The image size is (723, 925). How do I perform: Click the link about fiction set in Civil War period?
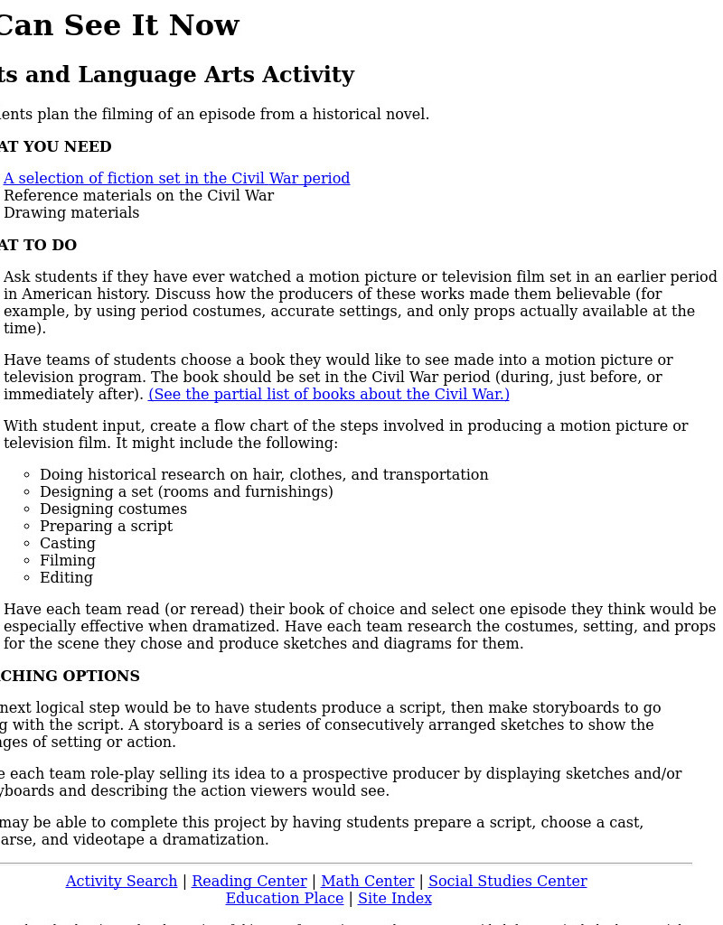point(176,179)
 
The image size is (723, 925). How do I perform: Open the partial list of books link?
point(329,395)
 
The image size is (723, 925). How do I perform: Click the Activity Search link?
point(121,882)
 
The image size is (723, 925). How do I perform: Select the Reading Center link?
point(249,882)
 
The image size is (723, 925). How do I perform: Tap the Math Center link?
point(367,882)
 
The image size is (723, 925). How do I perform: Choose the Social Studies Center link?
point(507,882)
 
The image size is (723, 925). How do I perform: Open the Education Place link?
point(284,899)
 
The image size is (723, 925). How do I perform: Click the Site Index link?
point(394,899)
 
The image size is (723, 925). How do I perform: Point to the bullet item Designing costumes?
point(113,509)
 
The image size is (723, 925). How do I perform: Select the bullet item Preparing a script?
point(106,527)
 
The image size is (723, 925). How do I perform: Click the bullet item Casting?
point(67,544)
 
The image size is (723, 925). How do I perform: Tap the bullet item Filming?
point(67,561)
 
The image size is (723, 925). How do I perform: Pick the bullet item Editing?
point(66,578)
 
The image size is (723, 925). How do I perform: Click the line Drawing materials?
point(71,213)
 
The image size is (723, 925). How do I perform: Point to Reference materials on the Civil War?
point(138,196)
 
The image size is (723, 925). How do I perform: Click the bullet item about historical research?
point(264,475)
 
